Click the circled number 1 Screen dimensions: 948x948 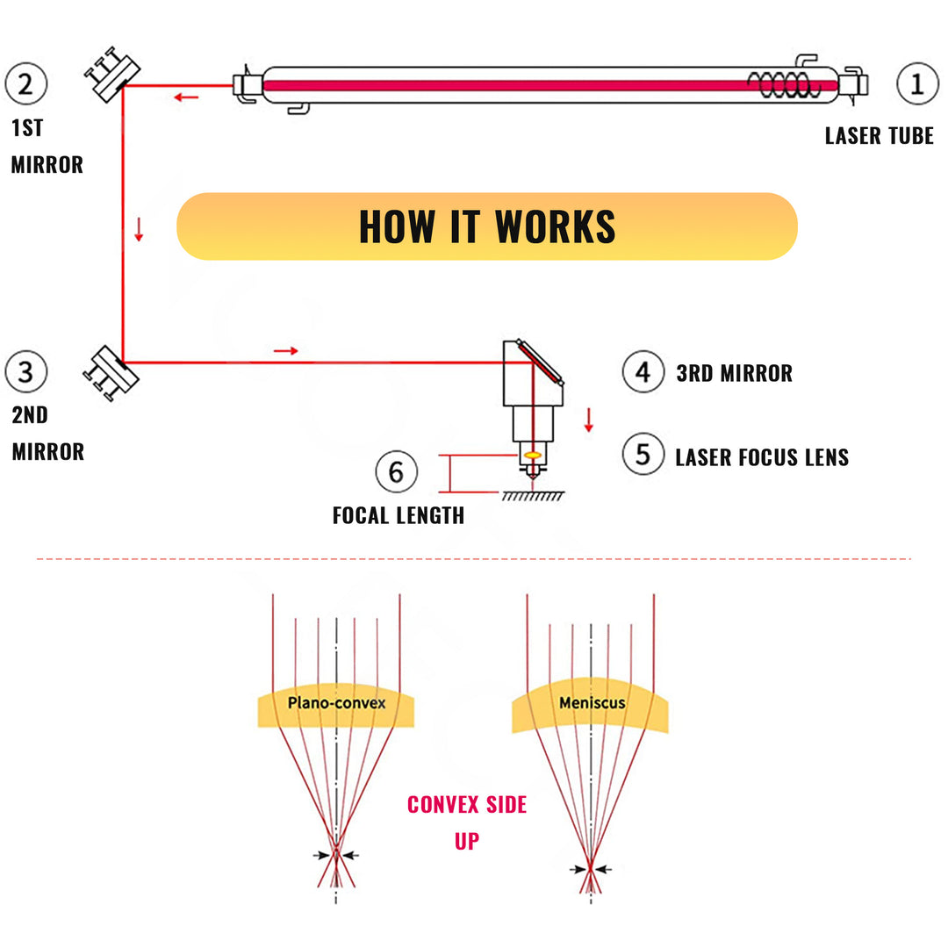(x=917, y=84)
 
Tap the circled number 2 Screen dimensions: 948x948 (x=25, y=84)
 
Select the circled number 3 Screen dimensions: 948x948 (x=25, y=371)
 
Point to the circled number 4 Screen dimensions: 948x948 (x=643, y=371)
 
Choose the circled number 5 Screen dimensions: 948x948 (x=643, y=455)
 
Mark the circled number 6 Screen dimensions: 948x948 (x=396, y=472)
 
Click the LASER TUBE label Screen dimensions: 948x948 (x=879, y=136)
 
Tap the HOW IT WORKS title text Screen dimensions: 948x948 (x=487, y=226)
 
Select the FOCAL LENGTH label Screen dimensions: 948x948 (x=398, y=515)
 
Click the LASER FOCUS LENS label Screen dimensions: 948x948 (x=762, y=457)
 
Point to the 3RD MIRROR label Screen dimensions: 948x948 (x=734, y=373)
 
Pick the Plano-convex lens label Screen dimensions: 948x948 (x=336, y=703)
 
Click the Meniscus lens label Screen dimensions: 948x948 (x=591, y=703)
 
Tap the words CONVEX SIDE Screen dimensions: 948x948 (x=467, y=804)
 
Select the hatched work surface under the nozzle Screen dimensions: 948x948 (x=533, y=496)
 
